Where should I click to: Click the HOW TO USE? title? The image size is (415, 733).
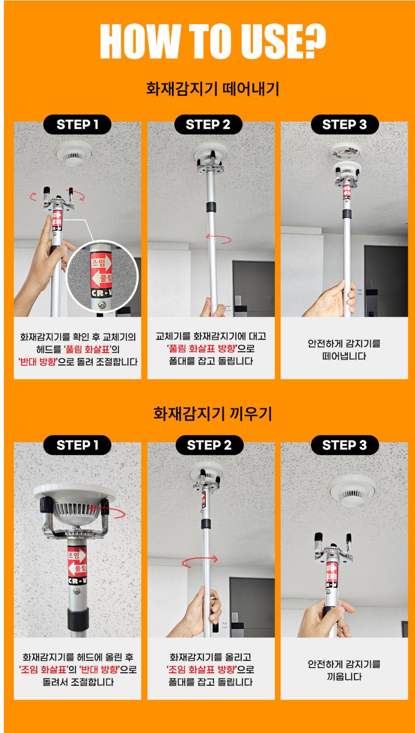point(213,41)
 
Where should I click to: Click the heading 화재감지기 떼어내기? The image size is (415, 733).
point(213,89)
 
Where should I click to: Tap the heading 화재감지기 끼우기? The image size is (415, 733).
point(213,414)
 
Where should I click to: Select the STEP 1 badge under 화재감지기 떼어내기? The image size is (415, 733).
point(77,124)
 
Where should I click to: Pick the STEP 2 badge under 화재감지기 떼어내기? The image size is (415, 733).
point(208,124)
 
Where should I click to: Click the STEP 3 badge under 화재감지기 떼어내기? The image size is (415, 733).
point(345,124)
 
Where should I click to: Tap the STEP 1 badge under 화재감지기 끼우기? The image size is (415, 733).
point(77,445)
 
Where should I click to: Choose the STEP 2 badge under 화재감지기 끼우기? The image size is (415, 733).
point(209,445)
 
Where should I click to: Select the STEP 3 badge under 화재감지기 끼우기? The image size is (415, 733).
point(345,445)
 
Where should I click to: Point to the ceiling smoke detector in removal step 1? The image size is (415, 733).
point(74,154)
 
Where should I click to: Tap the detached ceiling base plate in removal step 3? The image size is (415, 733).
point(345,151)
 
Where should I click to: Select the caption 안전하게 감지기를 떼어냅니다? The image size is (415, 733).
point(344,350)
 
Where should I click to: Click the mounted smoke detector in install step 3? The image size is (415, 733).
point(352,490)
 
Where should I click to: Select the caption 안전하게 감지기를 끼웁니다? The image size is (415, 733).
point(344,670)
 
